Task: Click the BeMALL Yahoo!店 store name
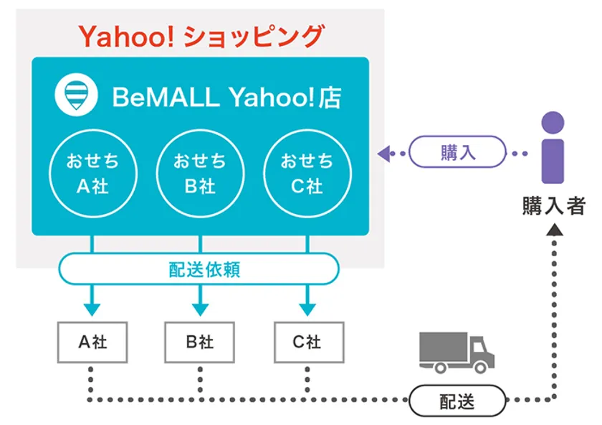pyautogui.click(x=226, y=98)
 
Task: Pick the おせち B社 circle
pyautogui.click(x=200, y=174)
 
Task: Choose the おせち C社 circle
pyautogui.click(x=307, y=174)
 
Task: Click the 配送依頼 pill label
pyautogui.click(x=199, y=270)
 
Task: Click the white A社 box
pyautogui.click(x=92, y=342)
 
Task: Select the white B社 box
pyautogui.click(x=200, y=342)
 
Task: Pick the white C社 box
pyautogui.click(x=307, y=342)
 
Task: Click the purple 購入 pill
pyautogui.click(x=458, y=153)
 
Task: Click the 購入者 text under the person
pyautogui.click(x=553, y=207)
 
